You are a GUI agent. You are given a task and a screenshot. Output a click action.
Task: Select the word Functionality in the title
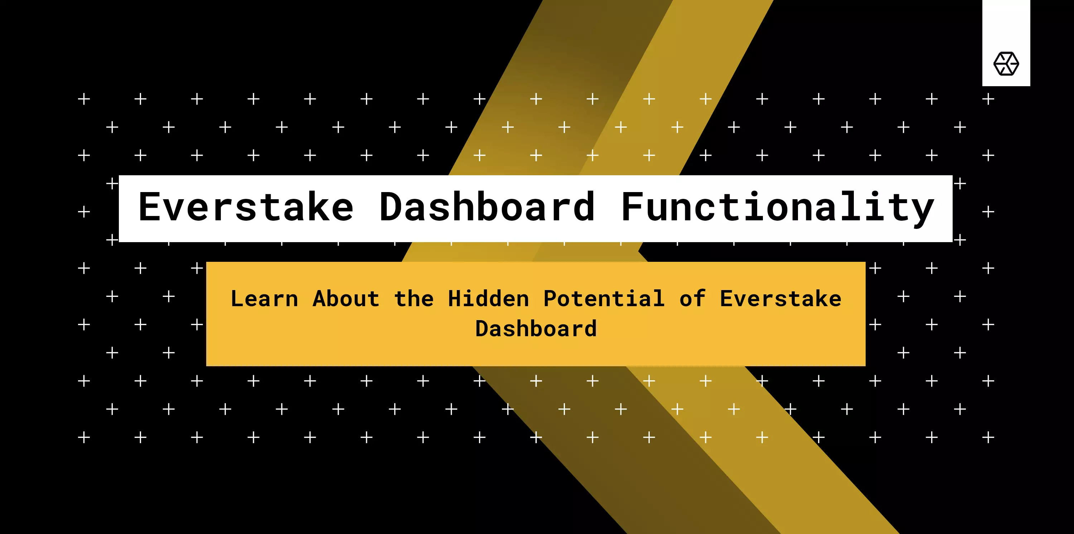tap(778, 209)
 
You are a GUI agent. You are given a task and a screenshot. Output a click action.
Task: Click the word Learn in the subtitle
tap(265, 299)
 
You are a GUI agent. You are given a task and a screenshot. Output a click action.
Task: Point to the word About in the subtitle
tap(346, 299)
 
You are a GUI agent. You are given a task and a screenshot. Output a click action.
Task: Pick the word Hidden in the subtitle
tap(488, 299)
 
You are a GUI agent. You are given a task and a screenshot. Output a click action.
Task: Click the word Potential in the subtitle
tap(604, 299)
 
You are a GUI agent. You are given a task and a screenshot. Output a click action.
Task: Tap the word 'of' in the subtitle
tap(692, 299)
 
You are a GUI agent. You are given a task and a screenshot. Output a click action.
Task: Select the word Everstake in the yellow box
tap(780, 299)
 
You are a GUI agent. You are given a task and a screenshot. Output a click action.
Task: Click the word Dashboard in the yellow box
tap(536, 329)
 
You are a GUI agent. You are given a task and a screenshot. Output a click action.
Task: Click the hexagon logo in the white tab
tap(1006, 64)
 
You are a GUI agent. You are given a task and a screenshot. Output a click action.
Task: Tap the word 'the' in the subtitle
tap(414, 299)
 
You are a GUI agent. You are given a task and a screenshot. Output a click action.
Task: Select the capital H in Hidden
tap(455, 299)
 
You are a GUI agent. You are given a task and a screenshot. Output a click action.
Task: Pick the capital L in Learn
tap(238, 299)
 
